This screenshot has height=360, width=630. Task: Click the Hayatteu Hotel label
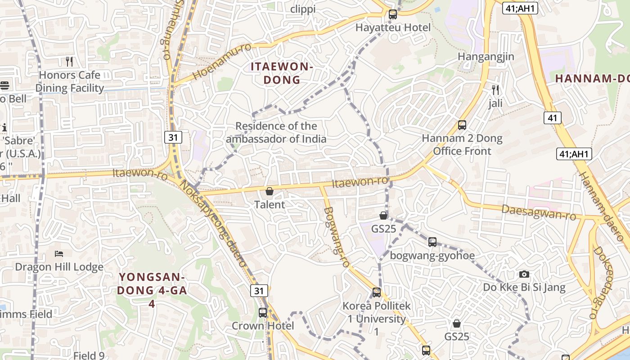coord(393,27)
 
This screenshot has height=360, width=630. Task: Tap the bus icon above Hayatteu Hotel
coord(393,14)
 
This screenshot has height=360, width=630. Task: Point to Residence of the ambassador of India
coord(276,132)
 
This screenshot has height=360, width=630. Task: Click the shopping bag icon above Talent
coord(270,192)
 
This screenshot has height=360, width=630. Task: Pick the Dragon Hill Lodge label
coord(59,267)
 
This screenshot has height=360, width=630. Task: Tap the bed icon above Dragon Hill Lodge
coord(59,254)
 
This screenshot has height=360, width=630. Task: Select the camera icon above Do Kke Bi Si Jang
coord(524,274)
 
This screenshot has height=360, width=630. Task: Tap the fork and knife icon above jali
coord(495,90)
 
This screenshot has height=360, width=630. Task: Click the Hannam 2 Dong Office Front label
coord(462,144)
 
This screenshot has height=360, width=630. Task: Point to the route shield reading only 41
coord(552,118)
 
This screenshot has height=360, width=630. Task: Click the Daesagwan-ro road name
coord(539,212)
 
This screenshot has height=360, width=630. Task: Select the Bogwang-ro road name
coord(337,237)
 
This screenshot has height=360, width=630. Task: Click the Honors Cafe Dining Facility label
coord(69,81)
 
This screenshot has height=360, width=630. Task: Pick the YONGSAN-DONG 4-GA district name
coord(152,283)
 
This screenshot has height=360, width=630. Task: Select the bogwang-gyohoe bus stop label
coord(432,256)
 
